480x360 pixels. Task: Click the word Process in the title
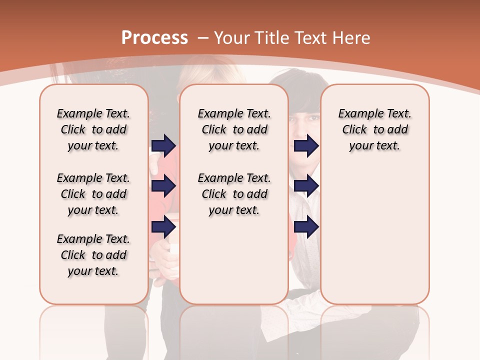(x=154, y=38)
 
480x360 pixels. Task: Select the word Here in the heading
(x=351, y=38)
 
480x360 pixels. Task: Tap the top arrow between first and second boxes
(x=163, y=146)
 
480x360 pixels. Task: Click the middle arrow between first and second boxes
(x=163, y=186)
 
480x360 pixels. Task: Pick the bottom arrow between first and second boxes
(x=163, y=227)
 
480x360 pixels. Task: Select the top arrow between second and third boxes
(x=306, y=146)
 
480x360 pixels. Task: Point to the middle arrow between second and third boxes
(x=306, y=186)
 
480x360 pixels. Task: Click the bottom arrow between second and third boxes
(x=306, y=227)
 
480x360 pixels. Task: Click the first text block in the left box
(x=93, y=129)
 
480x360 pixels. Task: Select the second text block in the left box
(x=93, y=194)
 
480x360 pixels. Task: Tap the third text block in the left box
(x=93, y=255)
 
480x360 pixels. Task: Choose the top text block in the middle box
(x=234, y=129)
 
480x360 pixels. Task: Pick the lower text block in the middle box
(x=234, y=194)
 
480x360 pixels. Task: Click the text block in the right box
(x=374, y=129)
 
